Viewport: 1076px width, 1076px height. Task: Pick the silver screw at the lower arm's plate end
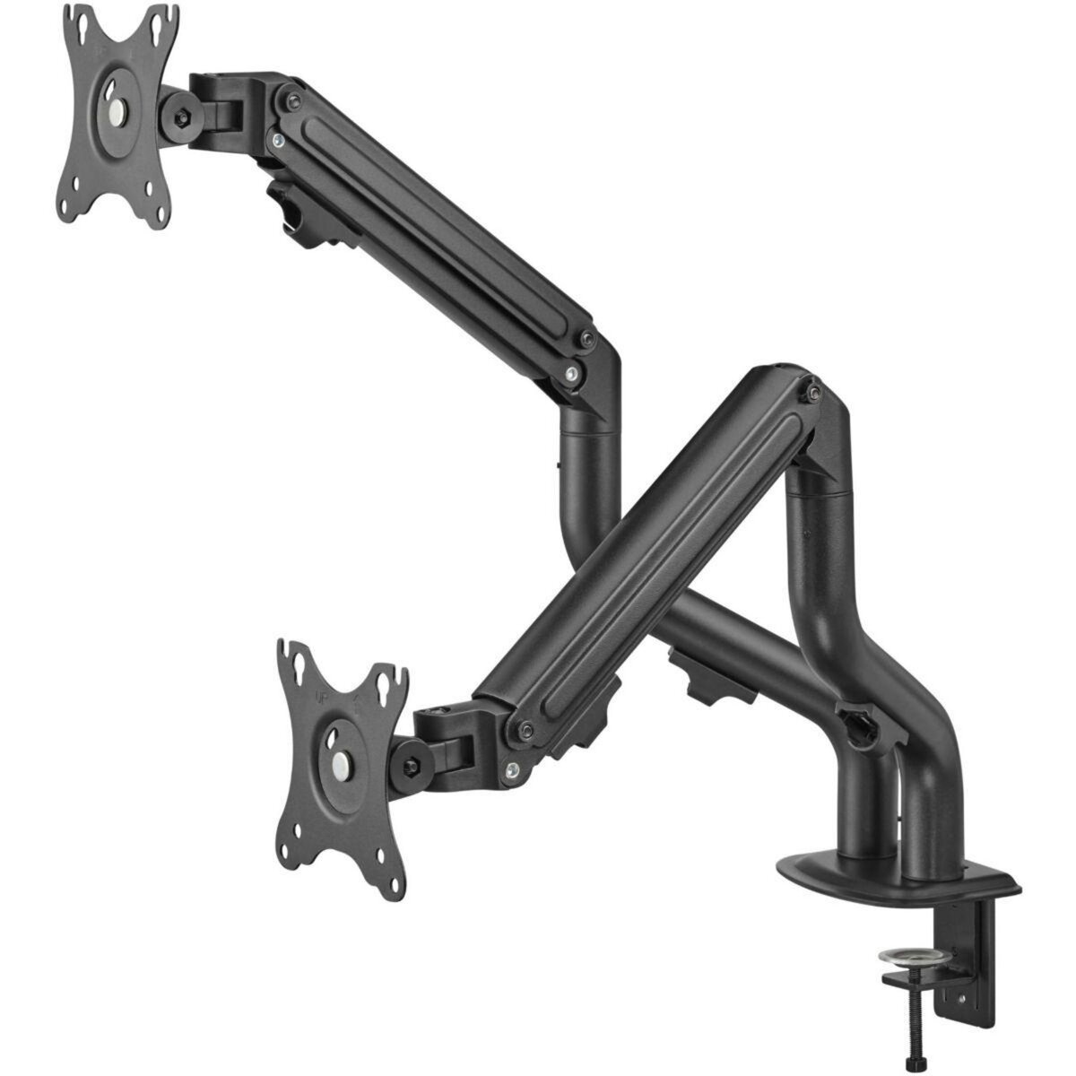[x=512, y=768]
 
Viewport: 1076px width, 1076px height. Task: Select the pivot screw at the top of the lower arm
[x=811, y=392]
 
